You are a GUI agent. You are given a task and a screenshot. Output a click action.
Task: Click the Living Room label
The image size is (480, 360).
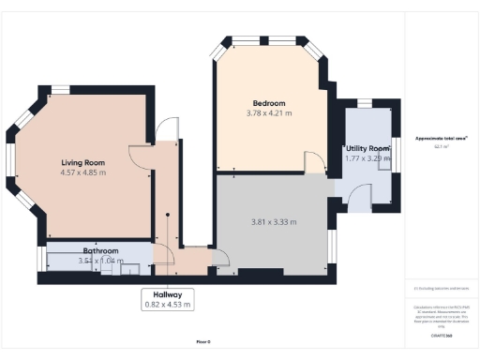click(x=82, y=162)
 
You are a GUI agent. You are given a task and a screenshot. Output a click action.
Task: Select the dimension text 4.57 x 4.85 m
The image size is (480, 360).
click(x=82, y=172)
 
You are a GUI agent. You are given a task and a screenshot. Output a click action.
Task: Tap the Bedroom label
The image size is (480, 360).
click(x=268, y=103)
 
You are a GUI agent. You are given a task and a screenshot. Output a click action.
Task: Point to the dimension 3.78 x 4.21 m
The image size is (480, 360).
click(x=268, y=113)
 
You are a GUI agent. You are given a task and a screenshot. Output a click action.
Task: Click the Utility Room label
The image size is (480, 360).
click(x=367, y=149)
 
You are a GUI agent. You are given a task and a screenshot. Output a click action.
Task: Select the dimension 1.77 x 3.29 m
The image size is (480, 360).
click(x=367, y=159)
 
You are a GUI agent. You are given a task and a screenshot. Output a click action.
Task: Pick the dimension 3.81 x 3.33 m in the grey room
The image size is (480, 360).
click(x=274, y=222)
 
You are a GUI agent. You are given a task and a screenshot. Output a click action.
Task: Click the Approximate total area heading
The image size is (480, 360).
click(x=441, y=139)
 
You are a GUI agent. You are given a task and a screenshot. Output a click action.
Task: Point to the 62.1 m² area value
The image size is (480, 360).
click(x=440, y=147)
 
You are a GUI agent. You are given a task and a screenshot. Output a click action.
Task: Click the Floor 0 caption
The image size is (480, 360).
click(x=203, y=342)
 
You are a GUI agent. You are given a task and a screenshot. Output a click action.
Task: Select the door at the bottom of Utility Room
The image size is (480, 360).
click(x=357, y=195)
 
